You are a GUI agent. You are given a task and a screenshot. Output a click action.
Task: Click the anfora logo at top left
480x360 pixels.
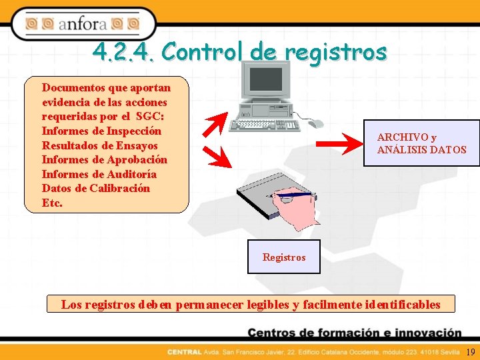[x=83, y=25]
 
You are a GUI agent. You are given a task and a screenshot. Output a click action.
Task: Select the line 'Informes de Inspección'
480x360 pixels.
[x=101, y=131]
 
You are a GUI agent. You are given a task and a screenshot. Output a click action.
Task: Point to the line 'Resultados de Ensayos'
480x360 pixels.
[x=100, y=145]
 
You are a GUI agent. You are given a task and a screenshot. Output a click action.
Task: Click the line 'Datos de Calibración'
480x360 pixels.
[x=96, y=188]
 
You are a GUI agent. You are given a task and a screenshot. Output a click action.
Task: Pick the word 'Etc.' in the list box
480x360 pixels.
[x=53, y=203]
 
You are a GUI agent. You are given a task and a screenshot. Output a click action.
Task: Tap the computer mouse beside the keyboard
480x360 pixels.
[x=315, y=123]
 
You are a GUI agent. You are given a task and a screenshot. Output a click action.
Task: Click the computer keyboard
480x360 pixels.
[x=261, y=125]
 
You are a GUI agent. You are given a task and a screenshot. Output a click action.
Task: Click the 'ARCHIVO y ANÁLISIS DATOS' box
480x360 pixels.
[x=421, y=143]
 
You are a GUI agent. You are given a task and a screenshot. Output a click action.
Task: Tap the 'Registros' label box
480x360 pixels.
[x=284, y=257]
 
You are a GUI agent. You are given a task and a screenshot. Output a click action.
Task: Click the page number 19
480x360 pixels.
[x=471, y=352]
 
